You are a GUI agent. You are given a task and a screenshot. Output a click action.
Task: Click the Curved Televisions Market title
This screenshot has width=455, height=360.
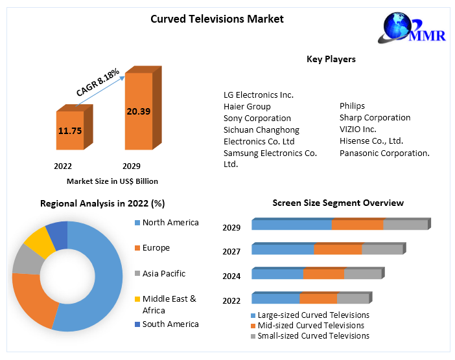(x=217, y=19)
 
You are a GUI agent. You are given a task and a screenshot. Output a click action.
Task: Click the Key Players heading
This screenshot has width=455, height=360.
(x=331, y=59)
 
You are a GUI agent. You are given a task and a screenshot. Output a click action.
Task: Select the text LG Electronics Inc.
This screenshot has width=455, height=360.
(x=258, y=95)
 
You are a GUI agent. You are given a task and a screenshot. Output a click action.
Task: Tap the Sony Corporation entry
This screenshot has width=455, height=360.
(x=257, y=118)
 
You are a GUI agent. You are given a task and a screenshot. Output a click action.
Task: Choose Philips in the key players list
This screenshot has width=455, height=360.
(x=352, y=106)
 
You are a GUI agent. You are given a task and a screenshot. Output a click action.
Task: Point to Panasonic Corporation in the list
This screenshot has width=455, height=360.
(x=384, y=153)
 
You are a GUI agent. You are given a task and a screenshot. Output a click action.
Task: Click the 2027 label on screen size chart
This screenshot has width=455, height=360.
(x=231, y=252)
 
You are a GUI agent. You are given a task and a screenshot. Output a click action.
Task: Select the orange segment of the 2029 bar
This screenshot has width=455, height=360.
(x=357, y=225)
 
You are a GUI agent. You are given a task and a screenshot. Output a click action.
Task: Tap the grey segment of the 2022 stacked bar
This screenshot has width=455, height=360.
(x=352, y=298)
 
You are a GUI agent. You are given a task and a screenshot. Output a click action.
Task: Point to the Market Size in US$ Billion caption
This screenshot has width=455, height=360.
(x=112, y=181)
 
